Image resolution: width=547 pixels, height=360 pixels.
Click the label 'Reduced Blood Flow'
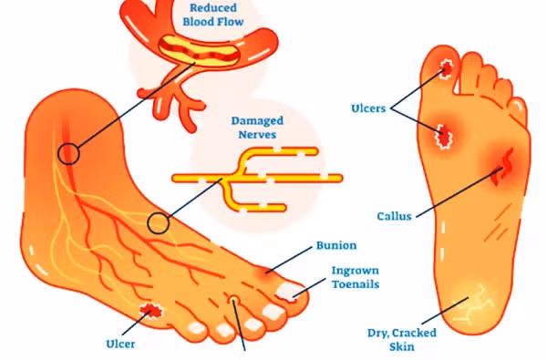coord(213,15)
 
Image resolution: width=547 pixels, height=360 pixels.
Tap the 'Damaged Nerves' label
coord(257,128)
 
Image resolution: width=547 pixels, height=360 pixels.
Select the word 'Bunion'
coord(336,245)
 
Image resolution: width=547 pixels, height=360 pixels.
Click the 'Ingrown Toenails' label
coord(356,277)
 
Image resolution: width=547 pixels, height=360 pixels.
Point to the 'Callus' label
coord(394,216)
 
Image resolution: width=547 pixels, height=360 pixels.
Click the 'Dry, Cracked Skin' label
coord(402,339)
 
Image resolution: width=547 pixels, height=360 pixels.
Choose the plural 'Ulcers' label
coord(368,108)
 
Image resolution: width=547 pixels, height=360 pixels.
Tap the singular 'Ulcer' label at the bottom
coord(120,344)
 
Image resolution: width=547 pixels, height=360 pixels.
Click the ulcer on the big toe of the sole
coord(446,67)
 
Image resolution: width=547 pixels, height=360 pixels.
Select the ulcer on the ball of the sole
coord(443,136)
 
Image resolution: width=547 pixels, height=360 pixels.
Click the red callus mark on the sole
coord(503,168)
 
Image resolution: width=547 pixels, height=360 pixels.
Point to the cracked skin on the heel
coord(471,303)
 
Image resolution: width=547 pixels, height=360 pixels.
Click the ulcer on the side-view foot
coord(151,311)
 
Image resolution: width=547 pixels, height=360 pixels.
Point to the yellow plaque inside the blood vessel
coord(200,51)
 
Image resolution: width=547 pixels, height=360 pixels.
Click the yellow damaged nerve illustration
coord(257,179)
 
